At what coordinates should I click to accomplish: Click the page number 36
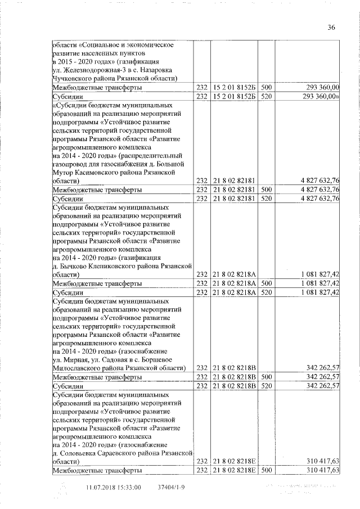[331, 26]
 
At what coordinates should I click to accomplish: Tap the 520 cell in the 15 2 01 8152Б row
[267, 97]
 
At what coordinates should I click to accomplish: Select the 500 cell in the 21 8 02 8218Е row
[267, 470]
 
